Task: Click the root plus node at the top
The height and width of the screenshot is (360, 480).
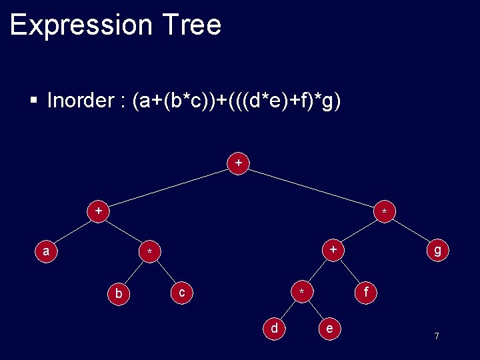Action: coord(238,163)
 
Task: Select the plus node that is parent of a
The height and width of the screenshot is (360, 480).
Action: coord(98,211)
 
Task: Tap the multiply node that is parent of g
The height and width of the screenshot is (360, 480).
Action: coord(383,212)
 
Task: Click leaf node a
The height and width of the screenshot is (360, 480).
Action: coord(45,251)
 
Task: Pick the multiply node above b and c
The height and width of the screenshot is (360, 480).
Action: coord(150,251)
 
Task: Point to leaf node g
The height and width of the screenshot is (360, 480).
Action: coord(437,250)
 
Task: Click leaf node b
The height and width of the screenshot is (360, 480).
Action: coord(118,293)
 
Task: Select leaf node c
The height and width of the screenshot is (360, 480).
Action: coord(181,291)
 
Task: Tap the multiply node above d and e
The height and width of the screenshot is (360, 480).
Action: coord(302,292)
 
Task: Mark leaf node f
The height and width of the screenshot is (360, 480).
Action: coord(365,291)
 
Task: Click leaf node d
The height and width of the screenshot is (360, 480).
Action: coord(273,327)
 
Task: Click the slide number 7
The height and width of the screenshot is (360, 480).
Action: coord(437,336)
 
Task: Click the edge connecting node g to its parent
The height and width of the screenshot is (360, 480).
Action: coord(410,231)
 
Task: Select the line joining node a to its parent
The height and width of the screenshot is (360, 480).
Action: coord(72,231)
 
